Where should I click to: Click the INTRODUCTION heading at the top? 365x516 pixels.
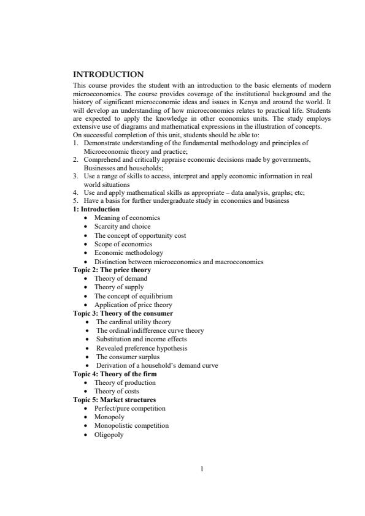coord(108,75)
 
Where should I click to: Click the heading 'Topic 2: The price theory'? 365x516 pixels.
coord(112,270)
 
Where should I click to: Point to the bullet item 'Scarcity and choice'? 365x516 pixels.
coord(122,226)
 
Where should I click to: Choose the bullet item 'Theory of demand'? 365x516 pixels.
coord(120,278)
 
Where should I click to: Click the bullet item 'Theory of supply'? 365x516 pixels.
coord(119,287)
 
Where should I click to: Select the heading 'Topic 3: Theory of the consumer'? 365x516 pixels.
coord(123,313)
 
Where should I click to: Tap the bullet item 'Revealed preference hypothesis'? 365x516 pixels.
coord(142,347)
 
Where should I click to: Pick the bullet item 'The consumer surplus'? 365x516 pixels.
coord(128,356)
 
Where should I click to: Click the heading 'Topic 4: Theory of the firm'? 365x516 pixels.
coord(115,374)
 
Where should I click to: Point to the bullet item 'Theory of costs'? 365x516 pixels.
coord(116,391)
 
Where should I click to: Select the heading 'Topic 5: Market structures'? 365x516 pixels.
coord(114,400)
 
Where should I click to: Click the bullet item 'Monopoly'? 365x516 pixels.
coord(109,417)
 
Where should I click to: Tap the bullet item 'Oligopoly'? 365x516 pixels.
coord(109,434)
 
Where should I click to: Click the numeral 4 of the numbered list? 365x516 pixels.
coord(74,192)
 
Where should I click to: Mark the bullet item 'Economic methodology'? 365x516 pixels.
coord(128,252)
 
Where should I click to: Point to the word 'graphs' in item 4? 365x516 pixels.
coord(285,192)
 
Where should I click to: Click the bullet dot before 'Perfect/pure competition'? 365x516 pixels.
coord(86,409)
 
